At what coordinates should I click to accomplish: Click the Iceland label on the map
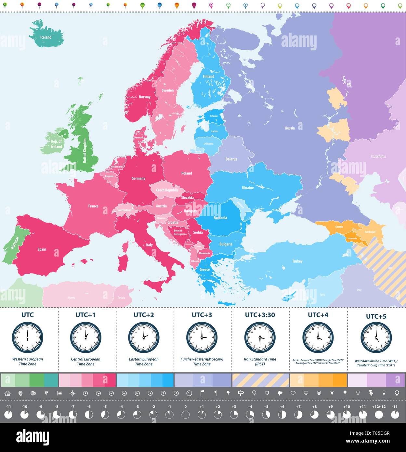[46, 37]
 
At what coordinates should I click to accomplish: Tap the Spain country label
[42, 249]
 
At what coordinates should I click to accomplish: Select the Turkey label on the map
[297, 261]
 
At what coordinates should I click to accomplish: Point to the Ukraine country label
[248, 188]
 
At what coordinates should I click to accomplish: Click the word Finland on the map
[208, 76]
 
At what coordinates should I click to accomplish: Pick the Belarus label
[231, 159]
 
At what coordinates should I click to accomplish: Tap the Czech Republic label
[167, 190]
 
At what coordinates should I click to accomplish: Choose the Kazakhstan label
[378, 156]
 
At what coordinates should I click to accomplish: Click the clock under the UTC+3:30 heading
[260, 337]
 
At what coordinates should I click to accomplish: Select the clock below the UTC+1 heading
[85, 337]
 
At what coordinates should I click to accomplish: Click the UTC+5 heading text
[376, 316]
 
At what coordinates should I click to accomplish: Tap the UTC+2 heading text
[144, 315]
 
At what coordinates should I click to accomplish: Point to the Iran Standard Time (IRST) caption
[260, 362]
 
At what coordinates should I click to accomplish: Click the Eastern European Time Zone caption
[144, 362]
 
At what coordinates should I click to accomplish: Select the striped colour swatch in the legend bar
[260, 380]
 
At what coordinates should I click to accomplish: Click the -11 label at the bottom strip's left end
[8, 406]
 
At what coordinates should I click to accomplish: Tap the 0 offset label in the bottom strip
[185, 406]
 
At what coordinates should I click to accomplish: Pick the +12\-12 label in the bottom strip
[379, 406]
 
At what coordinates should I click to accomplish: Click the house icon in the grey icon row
[7, 393]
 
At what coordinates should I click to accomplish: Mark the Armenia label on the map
[352, 238]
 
